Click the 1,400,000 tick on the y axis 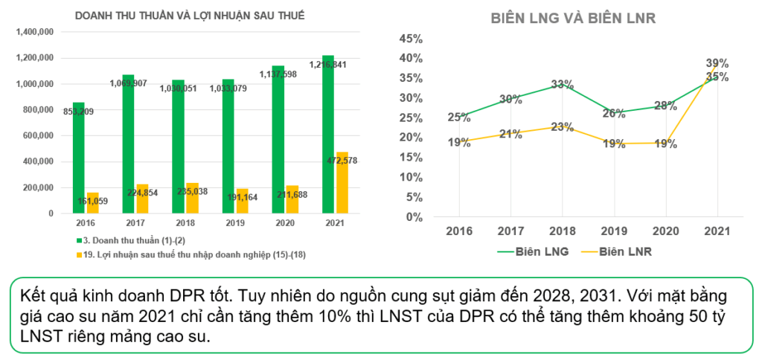pos(34,32)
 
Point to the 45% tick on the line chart pos(411,39)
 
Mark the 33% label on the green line pos(563,85)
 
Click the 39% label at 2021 pos(717,63)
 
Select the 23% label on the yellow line pos(563,126)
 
